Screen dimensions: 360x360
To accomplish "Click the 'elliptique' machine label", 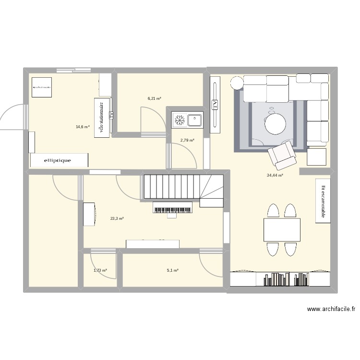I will [58, 160].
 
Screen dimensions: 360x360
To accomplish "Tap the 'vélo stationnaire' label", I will [101, 118].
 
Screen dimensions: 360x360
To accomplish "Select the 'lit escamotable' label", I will [323, 201].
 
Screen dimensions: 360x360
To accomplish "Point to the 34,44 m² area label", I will [275, 175].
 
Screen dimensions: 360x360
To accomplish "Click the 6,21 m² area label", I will [154, 98].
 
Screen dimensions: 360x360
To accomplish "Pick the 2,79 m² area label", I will [187, 140].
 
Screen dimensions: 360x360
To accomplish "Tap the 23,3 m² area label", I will [117, 218].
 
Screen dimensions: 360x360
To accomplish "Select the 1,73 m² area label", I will [100, 270].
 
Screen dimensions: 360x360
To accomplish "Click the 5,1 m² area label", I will [172, 270].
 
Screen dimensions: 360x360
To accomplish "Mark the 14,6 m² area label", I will [83, 127].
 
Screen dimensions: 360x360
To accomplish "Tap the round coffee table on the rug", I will [275, 124].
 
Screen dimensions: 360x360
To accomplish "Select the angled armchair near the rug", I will [282, 154].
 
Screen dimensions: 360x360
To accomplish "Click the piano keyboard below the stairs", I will [172, 207].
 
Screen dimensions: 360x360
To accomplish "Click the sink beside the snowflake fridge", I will [195, 120].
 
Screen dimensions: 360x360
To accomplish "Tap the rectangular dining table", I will [282, 229].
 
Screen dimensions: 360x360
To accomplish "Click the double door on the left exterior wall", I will [12, 117].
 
